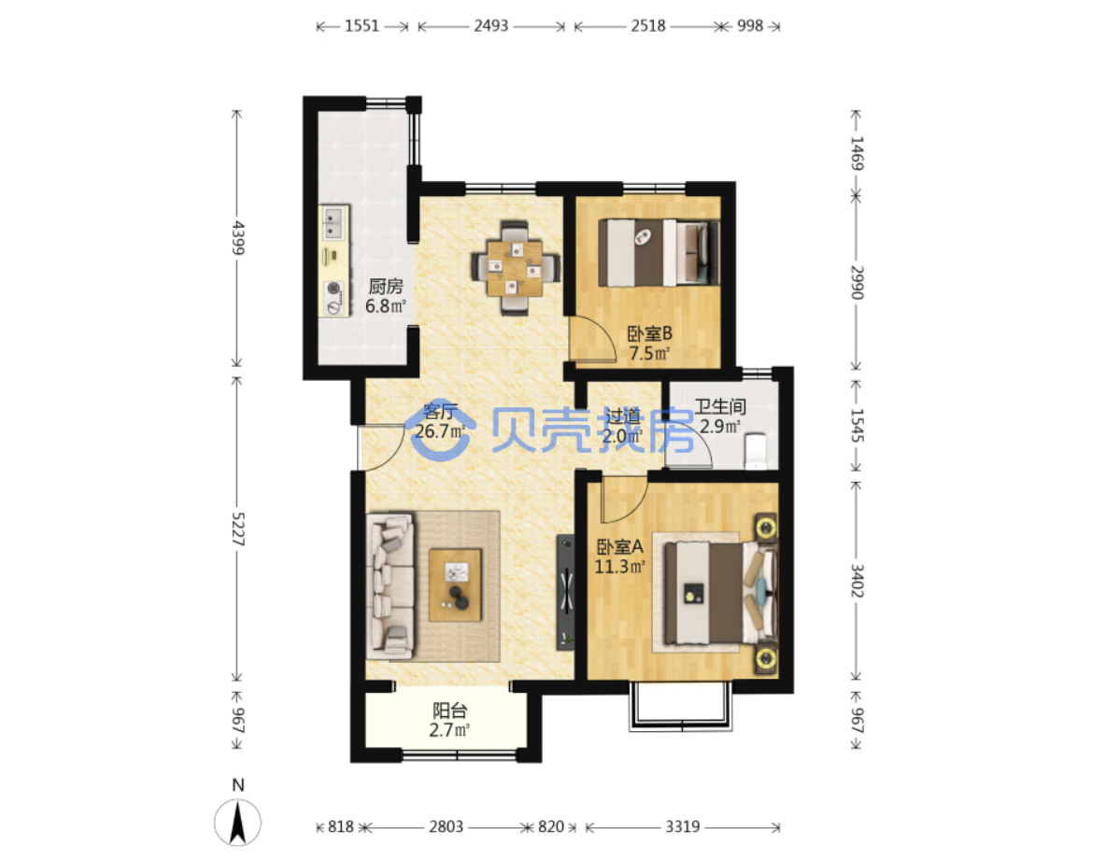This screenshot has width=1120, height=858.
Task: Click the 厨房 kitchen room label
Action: click(386, 287)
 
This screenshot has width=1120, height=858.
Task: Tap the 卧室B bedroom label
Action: click(649, 333)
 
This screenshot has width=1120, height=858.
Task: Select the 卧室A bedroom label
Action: click(620, 547)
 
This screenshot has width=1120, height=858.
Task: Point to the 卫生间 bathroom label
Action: click(720, 407)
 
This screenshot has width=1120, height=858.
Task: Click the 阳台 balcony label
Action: click(450, 710)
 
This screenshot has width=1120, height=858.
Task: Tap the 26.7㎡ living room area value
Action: click(440, 431)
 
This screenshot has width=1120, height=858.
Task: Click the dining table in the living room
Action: click(515, 268)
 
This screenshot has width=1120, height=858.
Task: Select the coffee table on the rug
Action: click(455, 584)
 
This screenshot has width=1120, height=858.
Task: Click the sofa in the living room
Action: click(390, 586)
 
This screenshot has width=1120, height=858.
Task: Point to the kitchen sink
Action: click(333, 222)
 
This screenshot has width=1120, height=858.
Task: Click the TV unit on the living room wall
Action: click(566, 592)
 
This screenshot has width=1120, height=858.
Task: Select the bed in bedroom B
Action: click(659, 253)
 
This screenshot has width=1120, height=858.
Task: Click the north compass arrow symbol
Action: click(238, 823)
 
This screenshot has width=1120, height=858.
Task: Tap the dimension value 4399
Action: click(238, 238)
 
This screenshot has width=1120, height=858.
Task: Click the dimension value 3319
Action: click(682, 826)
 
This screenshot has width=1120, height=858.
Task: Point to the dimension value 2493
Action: click(490, 26)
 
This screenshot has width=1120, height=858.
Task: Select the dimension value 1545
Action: click(857, 426)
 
